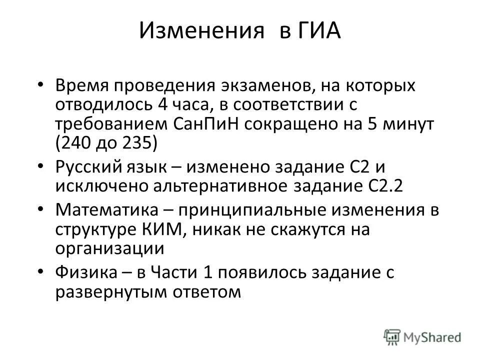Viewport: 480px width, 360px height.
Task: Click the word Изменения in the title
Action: pos(201,32)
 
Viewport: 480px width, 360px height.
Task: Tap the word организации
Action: pos(109,248)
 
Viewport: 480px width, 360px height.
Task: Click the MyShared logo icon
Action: pos(391,336)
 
